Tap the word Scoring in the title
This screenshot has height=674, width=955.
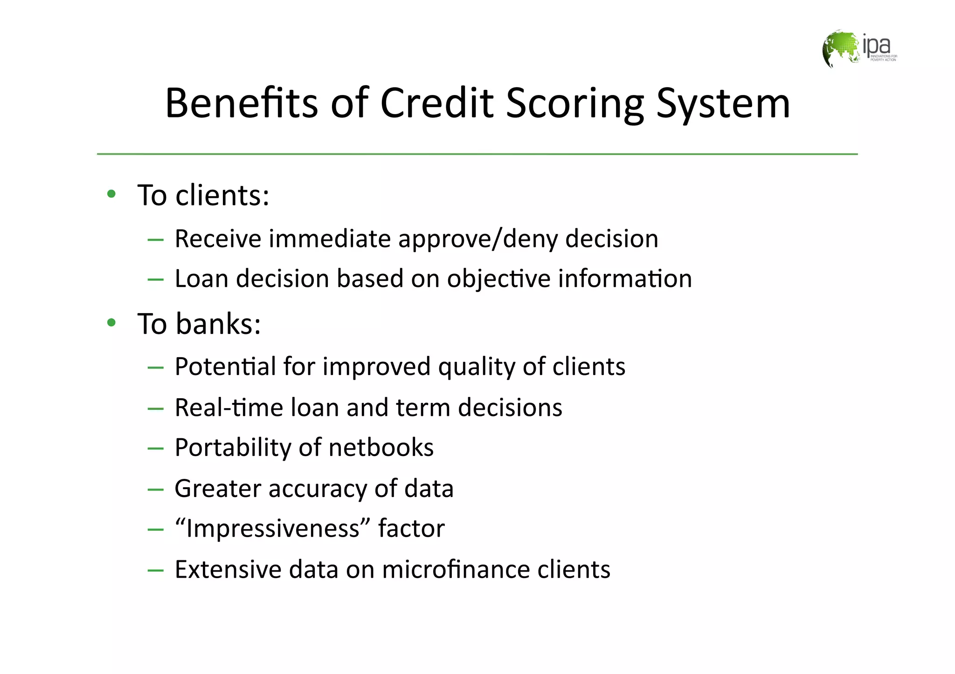coord(575,103)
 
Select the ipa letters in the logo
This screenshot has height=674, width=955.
coord(876,45)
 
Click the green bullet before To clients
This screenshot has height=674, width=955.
coord(111,194)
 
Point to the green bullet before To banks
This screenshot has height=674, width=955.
coord(111,322)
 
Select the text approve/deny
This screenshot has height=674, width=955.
coord(477,239)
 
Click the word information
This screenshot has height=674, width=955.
coord(625,279)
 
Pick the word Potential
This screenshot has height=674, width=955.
coord(225,366)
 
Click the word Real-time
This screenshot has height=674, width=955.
coord(228,407)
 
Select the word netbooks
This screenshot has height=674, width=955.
coord(381,447)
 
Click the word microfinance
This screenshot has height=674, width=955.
coord(456,569)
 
